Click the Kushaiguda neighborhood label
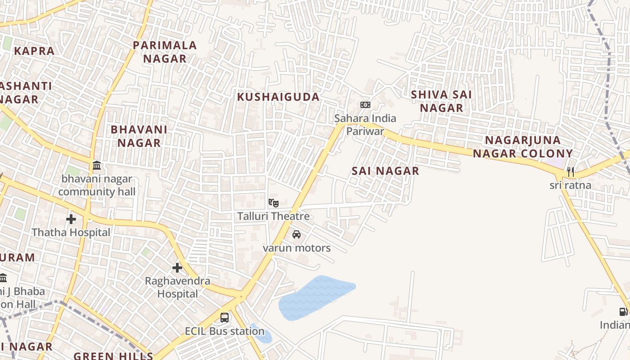278,97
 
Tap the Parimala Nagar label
165,52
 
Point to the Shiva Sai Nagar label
441,101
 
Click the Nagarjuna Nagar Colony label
522,147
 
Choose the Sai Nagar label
385,171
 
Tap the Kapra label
34,51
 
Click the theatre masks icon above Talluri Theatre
273,203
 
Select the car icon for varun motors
297,234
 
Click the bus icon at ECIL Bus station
225,318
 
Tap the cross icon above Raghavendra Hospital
177,268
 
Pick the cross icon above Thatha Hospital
71,219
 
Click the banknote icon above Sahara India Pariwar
365,105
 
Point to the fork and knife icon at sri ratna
571,172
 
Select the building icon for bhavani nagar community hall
97,166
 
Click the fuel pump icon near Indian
623,311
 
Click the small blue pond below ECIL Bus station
262,334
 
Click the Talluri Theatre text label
274,216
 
